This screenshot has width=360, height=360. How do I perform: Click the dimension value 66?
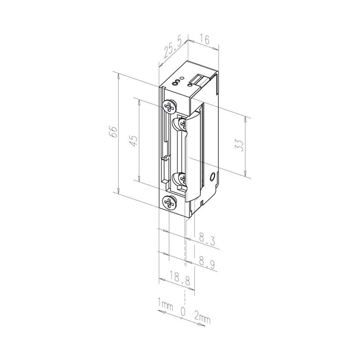coord(114,131)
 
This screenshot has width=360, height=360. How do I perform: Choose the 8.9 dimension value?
coord(207,263)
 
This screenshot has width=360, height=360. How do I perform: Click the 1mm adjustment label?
coord(165,305)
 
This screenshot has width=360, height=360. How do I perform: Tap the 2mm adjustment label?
coord(202,317)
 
